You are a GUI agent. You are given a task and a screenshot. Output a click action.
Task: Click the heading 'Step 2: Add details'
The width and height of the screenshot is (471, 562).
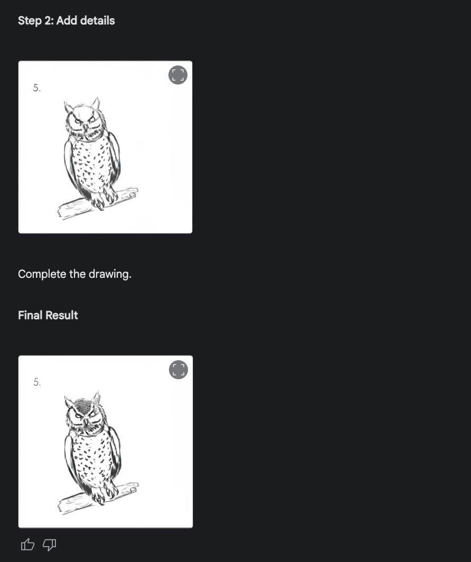pos(66,21)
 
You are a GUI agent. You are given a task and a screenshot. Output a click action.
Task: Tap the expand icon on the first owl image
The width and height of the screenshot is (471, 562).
pos(177,75)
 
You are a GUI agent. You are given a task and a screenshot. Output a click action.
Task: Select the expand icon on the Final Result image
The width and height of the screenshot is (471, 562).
pos(178,370)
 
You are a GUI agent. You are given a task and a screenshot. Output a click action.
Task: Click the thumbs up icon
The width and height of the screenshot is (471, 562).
pos(27,545)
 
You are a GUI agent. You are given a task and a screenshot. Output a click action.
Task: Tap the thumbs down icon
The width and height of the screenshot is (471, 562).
pos(50,545)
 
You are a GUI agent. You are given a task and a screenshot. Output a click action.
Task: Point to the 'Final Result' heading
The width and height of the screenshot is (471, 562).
pos(48,315)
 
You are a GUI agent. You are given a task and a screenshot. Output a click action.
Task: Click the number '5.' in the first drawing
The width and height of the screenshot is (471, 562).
pos(37,88)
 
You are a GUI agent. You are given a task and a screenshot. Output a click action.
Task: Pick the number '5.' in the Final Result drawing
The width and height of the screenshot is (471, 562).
pos(37,382)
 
